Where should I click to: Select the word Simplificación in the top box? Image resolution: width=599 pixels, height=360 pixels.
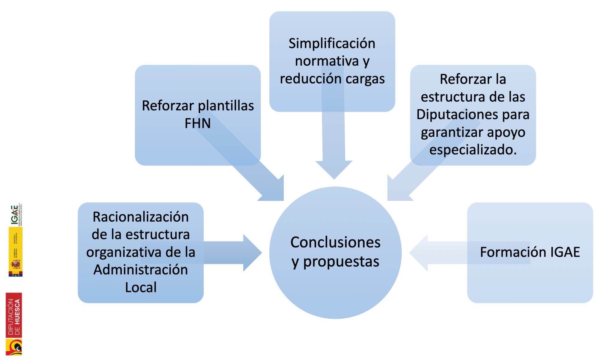click(x=332, y=43)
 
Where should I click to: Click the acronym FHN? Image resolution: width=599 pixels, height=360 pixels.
click(x=197, y=123)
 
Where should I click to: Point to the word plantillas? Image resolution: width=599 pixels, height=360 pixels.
click(x=226, y=106)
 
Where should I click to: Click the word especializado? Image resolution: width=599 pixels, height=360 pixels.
click(x=473, y=150)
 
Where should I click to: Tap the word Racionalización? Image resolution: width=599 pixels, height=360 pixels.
click(x=141, y=217)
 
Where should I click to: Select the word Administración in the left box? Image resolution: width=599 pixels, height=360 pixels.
click(x=141, y=270)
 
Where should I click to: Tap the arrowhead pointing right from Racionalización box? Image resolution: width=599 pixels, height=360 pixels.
click(x=252, y=253)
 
